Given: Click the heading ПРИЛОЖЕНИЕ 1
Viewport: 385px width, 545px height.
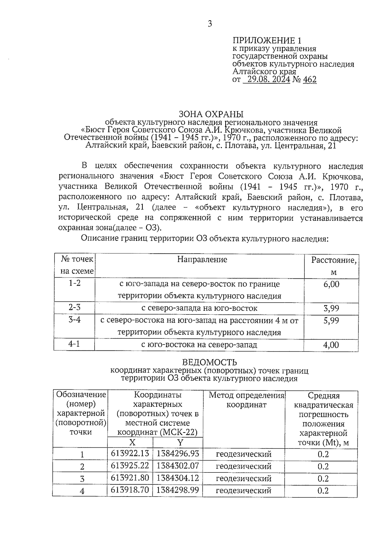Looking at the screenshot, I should [267, 40].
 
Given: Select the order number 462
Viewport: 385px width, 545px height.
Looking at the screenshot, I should [310, 79].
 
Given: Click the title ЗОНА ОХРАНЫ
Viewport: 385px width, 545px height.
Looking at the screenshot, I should [211, 114].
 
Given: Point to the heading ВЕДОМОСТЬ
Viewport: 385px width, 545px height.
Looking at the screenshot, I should [210, 362].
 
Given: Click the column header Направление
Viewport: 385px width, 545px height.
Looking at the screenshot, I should [202, 259].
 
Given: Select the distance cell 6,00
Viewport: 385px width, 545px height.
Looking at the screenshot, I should [331, 284].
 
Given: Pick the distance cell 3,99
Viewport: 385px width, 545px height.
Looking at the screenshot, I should [331, 309].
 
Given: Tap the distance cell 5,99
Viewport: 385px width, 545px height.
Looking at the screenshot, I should [331, 321].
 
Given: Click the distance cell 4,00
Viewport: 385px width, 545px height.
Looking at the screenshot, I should [331, 345].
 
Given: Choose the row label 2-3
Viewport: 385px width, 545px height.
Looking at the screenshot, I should [74, 308].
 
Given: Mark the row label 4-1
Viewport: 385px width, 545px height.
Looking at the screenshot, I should [74, 344].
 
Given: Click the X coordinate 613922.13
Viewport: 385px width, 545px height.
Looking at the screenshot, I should [130, 453].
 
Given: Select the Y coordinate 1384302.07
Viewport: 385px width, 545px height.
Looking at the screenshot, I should [178, 466].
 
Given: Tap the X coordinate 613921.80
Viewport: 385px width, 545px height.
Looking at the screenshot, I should [130, 478].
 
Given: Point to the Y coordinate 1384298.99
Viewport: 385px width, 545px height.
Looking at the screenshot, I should [178, 490].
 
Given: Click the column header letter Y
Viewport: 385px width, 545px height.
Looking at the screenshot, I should [180, 443].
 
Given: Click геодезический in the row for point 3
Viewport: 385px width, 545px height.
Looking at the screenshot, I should [244, 479].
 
